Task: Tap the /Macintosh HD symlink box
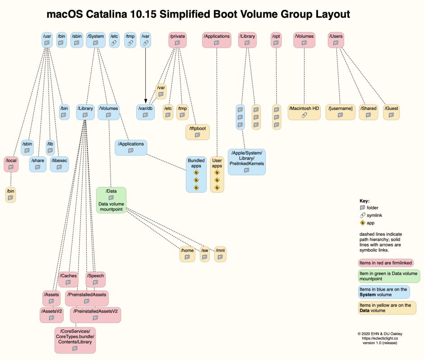(x=304, y=112)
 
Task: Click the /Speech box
(x=95, y=279)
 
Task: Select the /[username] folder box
(x=341, y=112)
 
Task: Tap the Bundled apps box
(x=196, y=173)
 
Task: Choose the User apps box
(x=217, y=173)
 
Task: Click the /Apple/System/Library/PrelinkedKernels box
(x=246, y=162)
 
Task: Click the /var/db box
(x=145, y=112)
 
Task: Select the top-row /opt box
(x=276, y=40)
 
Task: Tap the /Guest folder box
(x=392, y=112)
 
